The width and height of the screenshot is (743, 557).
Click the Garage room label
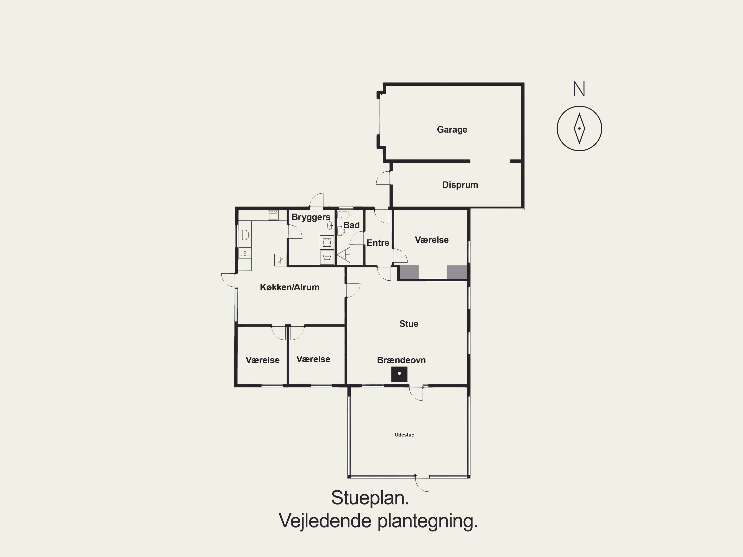pos(452,130)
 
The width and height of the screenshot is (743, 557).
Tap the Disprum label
pos(460,185)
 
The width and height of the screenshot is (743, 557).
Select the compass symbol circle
pos(579,128)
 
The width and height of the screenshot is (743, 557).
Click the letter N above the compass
pos(579,89)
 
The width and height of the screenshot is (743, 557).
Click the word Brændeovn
pos(401,360)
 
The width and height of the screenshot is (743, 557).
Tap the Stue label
pos(409,324)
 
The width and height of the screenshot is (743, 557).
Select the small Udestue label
pos(404,435)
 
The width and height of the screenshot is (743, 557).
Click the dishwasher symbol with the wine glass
pos(245,253)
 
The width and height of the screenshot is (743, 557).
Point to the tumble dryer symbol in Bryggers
pos(327,258)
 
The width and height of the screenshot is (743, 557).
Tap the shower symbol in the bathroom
pos(344,255)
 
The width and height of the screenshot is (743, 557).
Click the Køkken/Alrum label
pos(290,287)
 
